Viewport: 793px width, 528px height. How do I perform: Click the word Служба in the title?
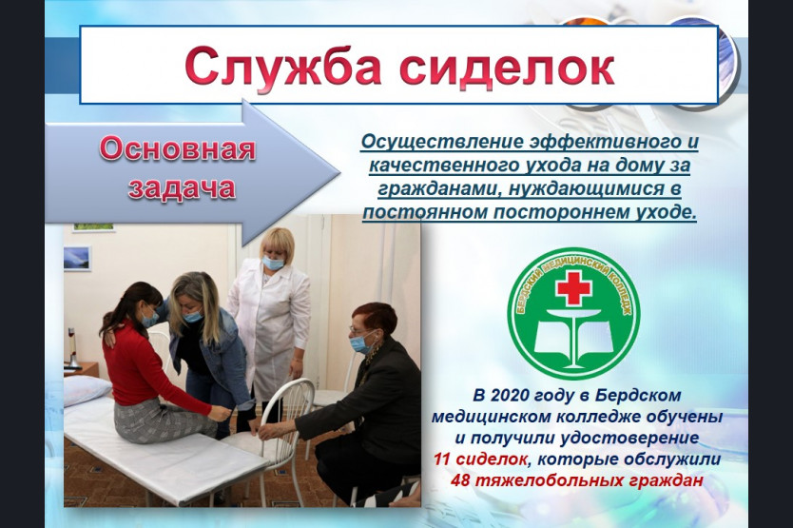pos(283,67)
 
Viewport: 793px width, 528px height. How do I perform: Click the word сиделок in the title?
pos(507,66)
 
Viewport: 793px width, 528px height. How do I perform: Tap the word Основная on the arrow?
pos(178,148)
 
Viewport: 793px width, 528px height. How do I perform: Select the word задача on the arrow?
pos(182,187)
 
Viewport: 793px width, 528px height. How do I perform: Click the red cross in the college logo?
pos(573,287)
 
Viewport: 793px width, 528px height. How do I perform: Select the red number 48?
pos(460,479)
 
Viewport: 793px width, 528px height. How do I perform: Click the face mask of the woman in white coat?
pos(273,263)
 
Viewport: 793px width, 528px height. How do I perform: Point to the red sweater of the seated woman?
pos(145,368)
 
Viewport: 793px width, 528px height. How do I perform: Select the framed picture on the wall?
pos(77,258)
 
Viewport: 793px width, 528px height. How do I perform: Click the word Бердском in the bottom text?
pos(638,395)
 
